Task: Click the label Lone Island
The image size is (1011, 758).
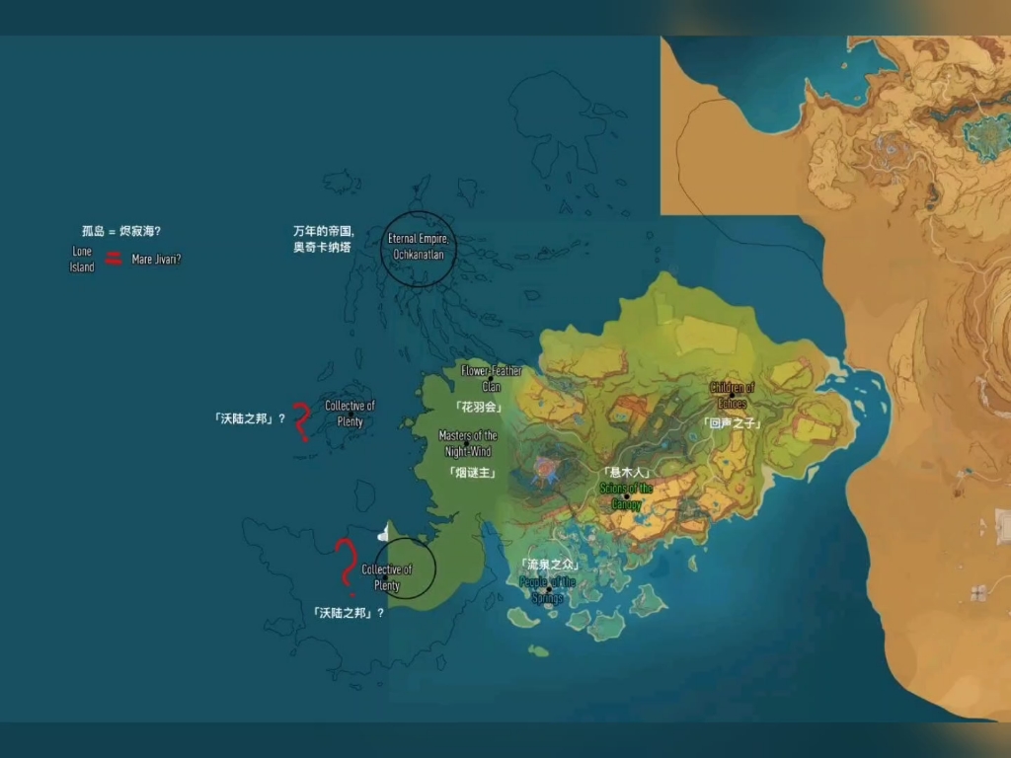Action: pyautogui.click(x=82, y=260)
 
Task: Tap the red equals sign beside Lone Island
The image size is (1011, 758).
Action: pyautogui.click(x=115, y=259)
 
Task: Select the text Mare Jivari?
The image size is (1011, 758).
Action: pyautogui.click(x=157, y=260)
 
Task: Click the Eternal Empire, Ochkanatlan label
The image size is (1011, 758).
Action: pyautogui.click(x=419, y=247)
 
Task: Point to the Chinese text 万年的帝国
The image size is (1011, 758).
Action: pyautogui.click(x=323, y=232)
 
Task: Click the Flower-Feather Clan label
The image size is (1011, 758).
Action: pyautogui.click(x=491, y=379)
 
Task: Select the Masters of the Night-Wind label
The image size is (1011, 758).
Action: pyautogui.click(x=468, y=443)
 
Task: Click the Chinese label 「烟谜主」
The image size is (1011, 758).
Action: pyautogui.click(x=470, y=472)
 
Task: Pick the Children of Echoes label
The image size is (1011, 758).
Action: pyautogui.click(x=732, y=395)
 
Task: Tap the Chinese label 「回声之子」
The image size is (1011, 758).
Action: pyautogui.click(x=733, y=422)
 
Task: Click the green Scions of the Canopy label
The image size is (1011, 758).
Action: pyautogui.click(x=627, y=496)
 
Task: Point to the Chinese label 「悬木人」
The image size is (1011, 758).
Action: pyautogui.click(x=626, y=473)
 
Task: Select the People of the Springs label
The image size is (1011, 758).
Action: pyautogui.click(x=547, y=590)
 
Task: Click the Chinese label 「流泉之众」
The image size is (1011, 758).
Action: pyautogui.click(x=548, y=565)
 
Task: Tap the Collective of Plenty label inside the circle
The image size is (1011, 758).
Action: pyautogui.click(x=387, y=577)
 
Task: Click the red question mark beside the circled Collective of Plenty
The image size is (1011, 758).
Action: pyautogui.click(x=345, y=563)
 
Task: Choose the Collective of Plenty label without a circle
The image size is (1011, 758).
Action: pyautogui.click(x=350, y=414)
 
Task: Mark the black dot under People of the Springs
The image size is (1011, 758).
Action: pyautogui.click(x=549, y=590)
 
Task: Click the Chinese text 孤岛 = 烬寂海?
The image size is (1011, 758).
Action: pyautogui.click(x=121, y=231)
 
